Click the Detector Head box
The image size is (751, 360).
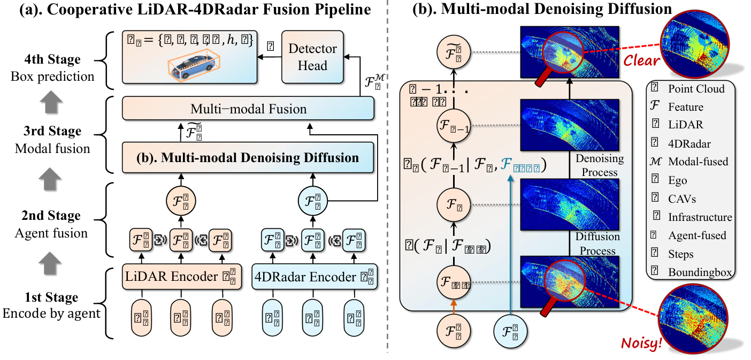313,56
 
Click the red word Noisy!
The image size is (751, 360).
641,341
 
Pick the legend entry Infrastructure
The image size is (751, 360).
700,217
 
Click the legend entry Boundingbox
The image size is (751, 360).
700,272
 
